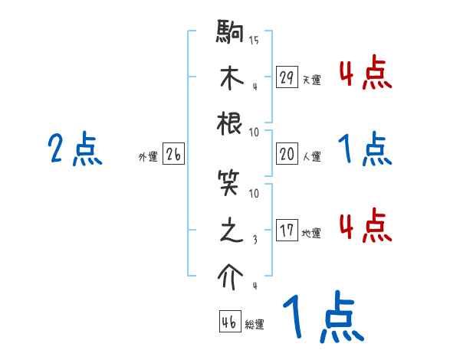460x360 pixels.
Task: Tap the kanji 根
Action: pyautogui.click(x=231, y=124)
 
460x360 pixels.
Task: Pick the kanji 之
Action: pyautogui.click(x=231, y=231)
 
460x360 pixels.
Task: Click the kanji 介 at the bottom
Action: pyautogui.click(x=231, y=277)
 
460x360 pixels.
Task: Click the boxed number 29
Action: pyautogui.click(x=287, y=77)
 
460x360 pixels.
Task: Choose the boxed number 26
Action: pyautogui.click(x=173, y=155)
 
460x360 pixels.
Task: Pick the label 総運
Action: pyautogui.click(x=255, y=324)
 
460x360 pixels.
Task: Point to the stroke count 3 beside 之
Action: pyautogui.click(x=254, y=240)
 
